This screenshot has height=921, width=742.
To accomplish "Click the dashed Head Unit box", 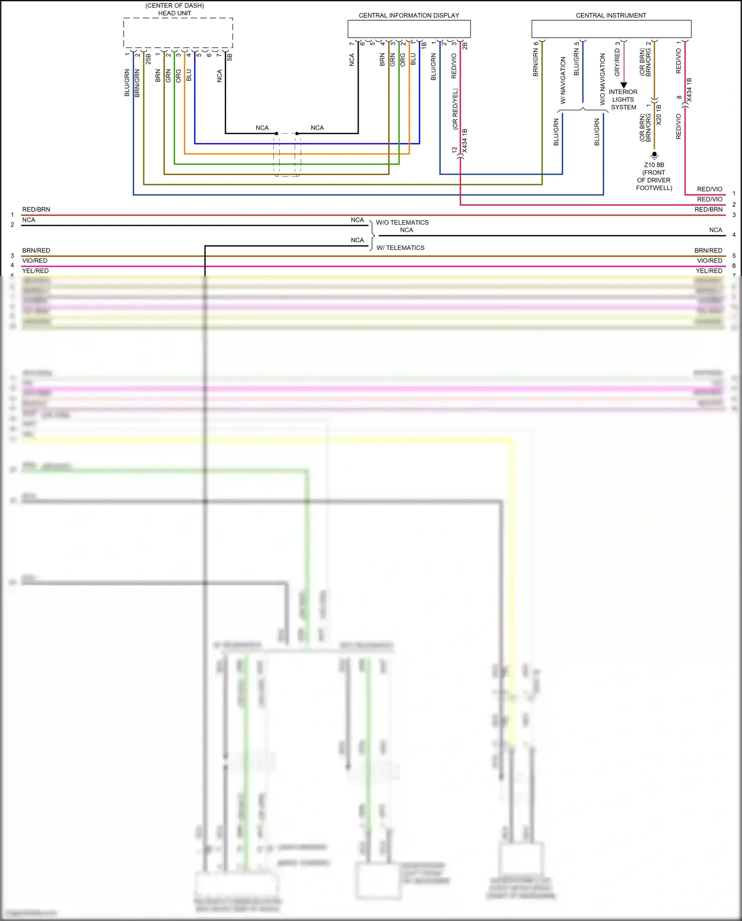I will tap(178, 33).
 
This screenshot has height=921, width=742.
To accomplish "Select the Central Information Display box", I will tap(409, 29).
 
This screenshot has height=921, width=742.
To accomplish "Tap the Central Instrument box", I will tap(611, 29).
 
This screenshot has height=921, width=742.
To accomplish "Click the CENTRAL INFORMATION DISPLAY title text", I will tap(409, 15).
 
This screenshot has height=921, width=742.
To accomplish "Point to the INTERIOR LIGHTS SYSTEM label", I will tap(623, 99).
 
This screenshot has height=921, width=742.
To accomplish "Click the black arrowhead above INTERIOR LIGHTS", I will tap(624, 85).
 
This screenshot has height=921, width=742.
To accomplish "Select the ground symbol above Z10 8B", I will tap(654, 155).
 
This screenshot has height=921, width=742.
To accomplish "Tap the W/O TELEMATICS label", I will tap(402, 223).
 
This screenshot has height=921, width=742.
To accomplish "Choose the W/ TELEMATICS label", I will tap(400, 248).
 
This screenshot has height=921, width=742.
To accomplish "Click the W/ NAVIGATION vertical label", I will tap(563, 80).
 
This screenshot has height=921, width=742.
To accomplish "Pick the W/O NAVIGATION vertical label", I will tap(603, 79).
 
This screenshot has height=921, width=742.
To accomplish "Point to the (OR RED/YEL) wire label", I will tap(456, 109).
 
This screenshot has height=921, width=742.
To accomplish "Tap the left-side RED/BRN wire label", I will tap(36, 209).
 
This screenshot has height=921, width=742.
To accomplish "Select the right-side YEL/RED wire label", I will tap(709, 271).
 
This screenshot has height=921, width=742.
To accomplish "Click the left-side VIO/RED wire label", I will tap(35, 261).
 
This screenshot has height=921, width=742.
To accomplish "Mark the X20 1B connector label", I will tap(658, 115).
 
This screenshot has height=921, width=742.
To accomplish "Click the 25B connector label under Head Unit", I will tap(148, 59).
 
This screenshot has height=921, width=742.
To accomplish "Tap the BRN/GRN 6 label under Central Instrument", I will tap(536, 59).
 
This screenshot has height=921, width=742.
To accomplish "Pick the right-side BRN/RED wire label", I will tap(708, 250).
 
